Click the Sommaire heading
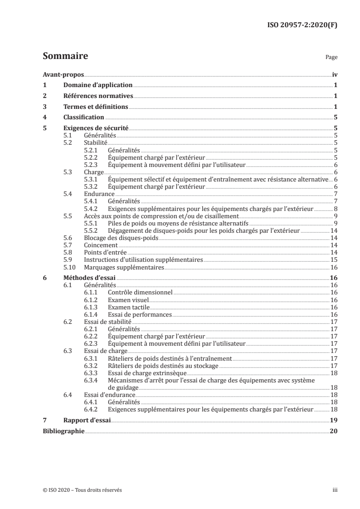tap(65, 57)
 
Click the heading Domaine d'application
tap(98, 85)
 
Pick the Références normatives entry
tap(98, 96)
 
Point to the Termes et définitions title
tap(96, 107)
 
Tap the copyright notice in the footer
tap(82, 490)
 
